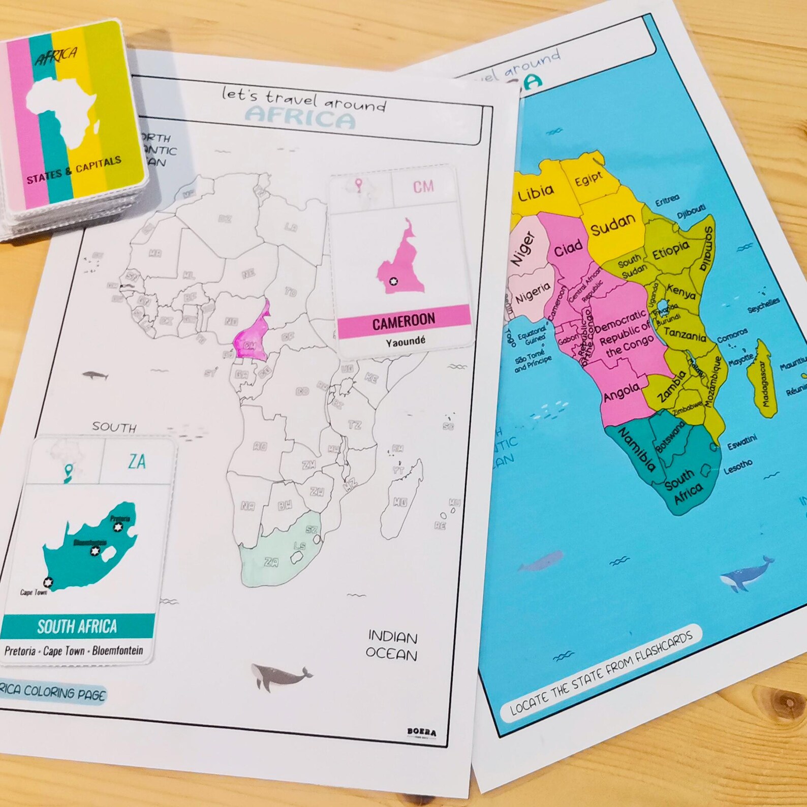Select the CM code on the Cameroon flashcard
coord(423,187)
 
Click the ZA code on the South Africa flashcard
coord(137,461)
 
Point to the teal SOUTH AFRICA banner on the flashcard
coord(77,626)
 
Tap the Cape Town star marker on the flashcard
coord(48,582)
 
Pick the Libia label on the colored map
coord(536,193)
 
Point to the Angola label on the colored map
coord(622,392)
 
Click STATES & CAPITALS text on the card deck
coord(74,170)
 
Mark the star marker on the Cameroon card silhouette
coord(392,281)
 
